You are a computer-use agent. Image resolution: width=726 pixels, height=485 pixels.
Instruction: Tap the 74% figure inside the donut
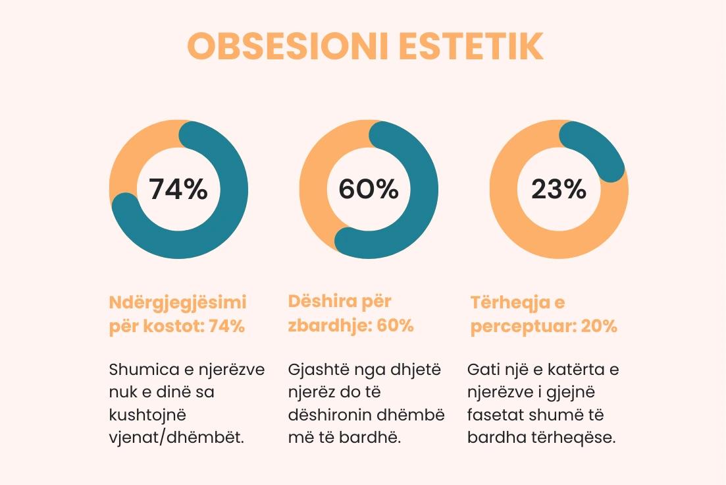pos(178,190)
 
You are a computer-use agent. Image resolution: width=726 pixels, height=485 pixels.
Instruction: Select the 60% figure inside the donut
pos(369,190)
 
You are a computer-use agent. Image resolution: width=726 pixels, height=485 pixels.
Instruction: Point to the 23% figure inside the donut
pos(559,190)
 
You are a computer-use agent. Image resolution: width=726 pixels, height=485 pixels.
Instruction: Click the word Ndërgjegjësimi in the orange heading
pos(177,303)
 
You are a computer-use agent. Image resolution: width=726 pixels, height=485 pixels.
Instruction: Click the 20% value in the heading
pos(599,327)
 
